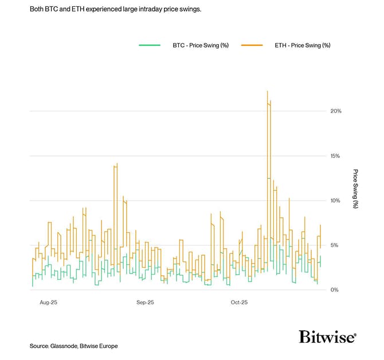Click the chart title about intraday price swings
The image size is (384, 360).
tap(115, 10)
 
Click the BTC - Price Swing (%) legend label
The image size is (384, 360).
tap(201, 45)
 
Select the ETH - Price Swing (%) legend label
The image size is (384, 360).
tap(302, 45)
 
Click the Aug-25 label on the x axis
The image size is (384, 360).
tap(49, 302)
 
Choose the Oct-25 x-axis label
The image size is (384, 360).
tap(238, 302)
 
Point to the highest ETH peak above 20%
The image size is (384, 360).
tap(268, 92)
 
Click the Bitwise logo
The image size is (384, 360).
tap(327, 336)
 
